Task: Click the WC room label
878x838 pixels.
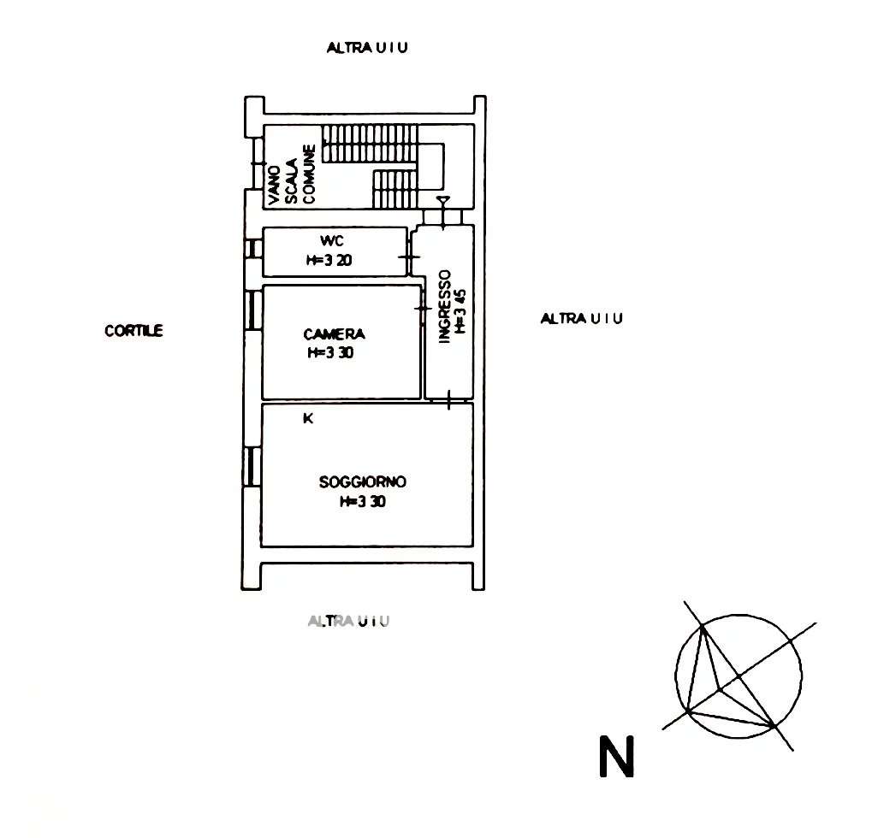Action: [x=331, y=241]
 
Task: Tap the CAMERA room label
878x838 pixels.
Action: [x=335, y=334]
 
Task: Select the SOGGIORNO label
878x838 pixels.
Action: [x=362, y=481]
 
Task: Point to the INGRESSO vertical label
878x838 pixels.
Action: [x=445, y=307]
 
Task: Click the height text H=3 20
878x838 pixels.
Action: [x=329, y=260]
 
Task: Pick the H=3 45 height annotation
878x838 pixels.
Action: [x=460, y=310]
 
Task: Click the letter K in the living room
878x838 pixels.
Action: [x=308, y=418]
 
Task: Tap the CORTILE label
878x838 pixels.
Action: [x=133, y=331]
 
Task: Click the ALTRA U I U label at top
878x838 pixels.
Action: [x=367, y=48]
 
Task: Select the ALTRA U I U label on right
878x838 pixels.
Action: [x=581, y=318]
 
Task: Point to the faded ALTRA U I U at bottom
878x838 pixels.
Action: [x=348, y=621]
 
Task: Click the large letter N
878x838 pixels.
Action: [x=616, y=757]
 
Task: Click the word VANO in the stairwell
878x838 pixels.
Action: [x=274, y=186]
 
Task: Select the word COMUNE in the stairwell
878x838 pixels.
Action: [x=309, y=174]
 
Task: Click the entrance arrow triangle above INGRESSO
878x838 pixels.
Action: [x=443, y=200]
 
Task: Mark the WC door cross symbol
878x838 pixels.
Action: [x=409, y=257]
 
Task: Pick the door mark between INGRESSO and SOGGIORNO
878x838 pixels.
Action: [x=448, y=399]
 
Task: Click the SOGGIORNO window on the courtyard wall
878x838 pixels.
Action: [x=252, y=467]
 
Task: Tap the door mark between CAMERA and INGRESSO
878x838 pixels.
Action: [x=423, y=308]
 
